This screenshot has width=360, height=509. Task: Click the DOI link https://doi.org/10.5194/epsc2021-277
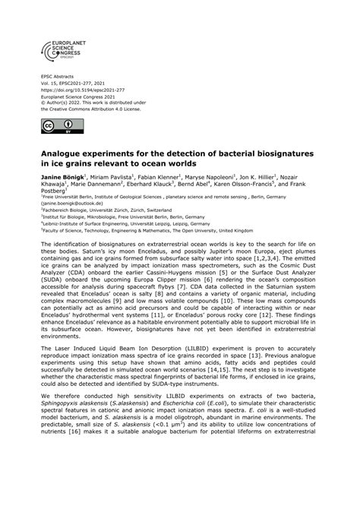point(77,89)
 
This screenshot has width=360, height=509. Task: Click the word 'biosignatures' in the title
point(292,153)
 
